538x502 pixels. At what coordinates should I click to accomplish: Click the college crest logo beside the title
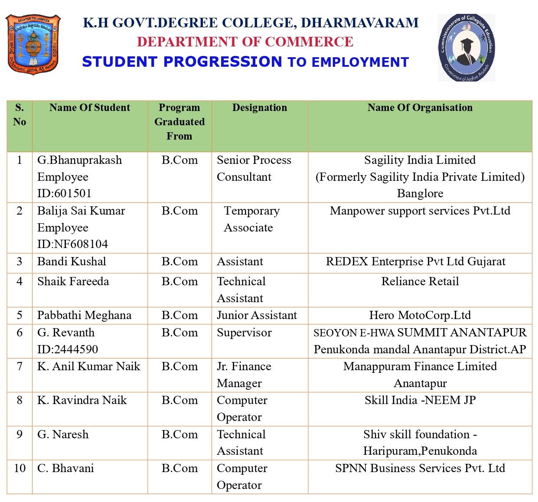(33, 44)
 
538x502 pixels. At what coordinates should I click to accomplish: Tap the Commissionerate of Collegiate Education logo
(466, 48)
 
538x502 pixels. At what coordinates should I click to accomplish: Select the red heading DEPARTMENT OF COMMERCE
(245, 42)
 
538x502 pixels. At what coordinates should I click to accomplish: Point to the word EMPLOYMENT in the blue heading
(360, 62)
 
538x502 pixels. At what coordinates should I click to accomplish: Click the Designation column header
(260, 108)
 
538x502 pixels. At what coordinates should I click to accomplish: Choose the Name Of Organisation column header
(420, 108)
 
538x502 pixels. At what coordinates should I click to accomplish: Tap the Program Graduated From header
(179, 122)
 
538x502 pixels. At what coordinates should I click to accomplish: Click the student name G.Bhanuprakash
(80, 160)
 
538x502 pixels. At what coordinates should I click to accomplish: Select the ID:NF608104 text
(72, 244)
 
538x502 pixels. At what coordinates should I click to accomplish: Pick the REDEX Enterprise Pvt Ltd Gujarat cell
(415, 261)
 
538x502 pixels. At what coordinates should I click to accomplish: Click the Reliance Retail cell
(420, 281)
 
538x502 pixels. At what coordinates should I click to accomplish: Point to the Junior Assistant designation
(257, 315)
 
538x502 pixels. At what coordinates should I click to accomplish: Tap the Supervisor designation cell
(244, 332)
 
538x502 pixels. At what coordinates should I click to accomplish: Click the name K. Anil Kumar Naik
(89, 366)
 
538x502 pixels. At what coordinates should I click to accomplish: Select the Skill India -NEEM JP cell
(420, 400)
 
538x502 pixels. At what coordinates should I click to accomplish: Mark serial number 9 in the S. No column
(20, 434)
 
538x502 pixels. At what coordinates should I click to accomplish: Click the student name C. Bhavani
(65, 468)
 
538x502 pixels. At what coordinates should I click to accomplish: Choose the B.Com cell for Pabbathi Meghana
(179, 315)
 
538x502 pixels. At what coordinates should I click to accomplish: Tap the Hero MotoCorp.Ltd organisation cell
(420, 315)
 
